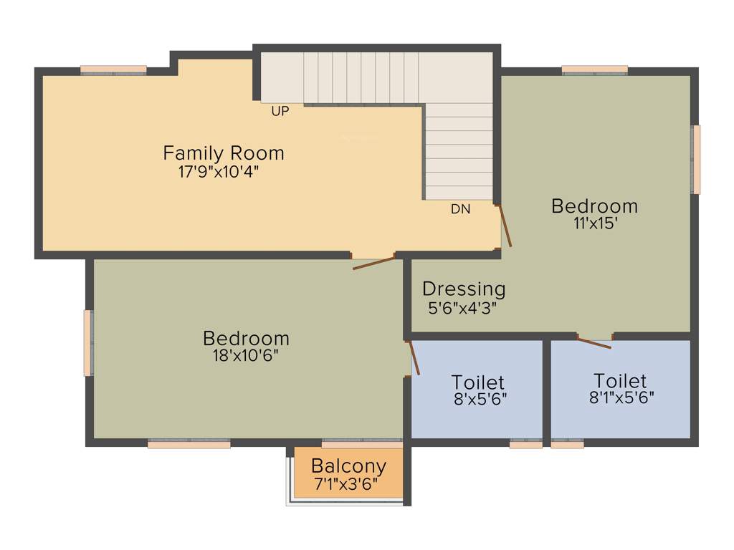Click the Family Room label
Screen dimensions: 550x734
point(224,153)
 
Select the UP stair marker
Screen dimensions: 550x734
point(280,112)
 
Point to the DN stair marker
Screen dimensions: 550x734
point(461,210)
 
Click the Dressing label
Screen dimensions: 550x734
point(464,289)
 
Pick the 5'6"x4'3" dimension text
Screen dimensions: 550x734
point(462,308)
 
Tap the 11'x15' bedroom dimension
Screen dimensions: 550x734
point(594,223)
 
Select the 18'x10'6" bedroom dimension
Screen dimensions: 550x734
point(246,355)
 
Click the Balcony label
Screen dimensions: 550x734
point(348,466)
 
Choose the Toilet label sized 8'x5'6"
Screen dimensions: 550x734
point(478,382)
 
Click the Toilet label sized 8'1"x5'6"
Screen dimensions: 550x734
point(620,380)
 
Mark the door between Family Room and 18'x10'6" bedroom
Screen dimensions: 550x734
point(373,261)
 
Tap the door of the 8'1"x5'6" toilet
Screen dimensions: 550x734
point(595,342)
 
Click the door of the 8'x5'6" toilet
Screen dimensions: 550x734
point(414,357)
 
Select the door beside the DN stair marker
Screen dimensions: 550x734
point(505,226)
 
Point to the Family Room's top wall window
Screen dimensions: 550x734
point(113,70)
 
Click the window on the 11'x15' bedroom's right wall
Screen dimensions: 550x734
point(695,159)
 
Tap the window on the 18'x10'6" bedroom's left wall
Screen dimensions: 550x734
point(88,342)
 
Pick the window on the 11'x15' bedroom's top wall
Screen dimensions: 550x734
point(594,70)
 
